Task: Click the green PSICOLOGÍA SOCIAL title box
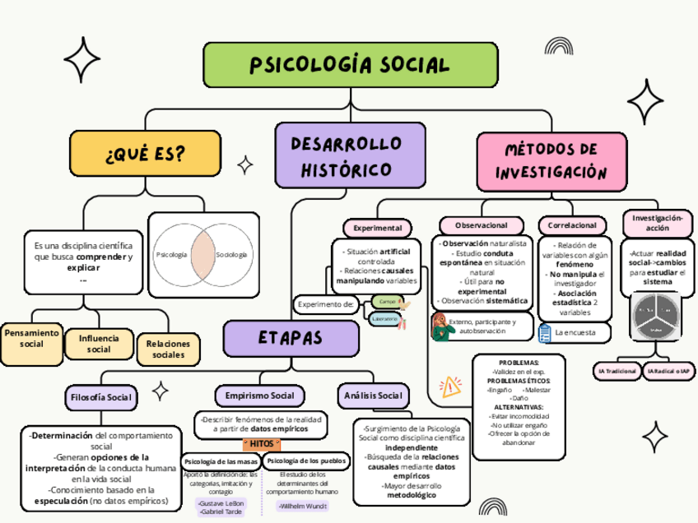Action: tap(350, 64)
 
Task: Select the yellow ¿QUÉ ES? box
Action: tap(145, 154)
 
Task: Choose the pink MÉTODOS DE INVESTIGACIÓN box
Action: tap(551, 160)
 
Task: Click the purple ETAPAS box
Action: tap(291, 338)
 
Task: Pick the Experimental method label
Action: tap(377, 227)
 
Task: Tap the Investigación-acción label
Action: tap(657, 223)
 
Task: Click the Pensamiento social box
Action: tap(32, 338)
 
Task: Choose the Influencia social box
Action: tap(99, 344)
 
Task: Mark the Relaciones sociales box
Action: tap(169, 349)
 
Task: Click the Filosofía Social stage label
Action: tap(100, 397)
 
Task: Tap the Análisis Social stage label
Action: tap(373, 396)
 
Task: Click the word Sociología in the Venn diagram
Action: tap(231, 255)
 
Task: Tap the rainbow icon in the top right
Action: tap(561, 47)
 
